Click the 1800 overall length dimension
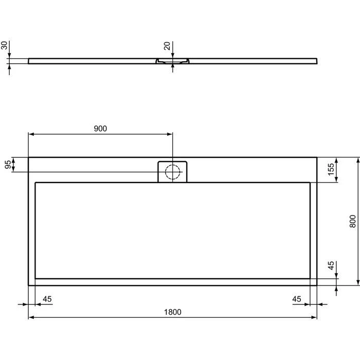point(173,312)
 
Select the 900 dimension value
point(100,129)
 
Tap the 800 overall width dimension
point(352,221)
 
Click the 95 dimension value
point(8,165)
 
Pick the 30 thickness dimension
point(5,46)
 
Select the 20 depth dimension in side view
point(167,46)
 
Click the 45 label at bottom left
point(47,299)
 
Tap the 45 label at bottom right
point(297,299)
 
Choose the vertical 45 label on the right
point(332,265)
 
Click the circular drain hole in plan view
point(173,171)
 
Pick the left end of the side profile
point(29,61)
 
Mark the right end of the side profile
point(316,61)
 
